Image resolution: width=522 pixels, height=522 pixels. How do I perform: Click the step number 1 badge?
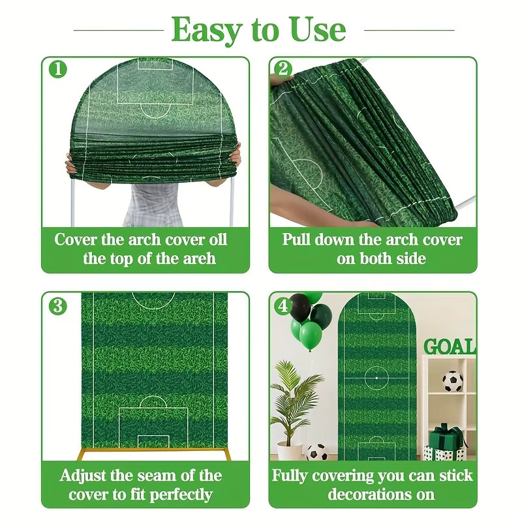coord(58,69)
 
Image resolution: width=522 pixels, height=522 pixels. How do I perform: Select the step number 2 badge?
coord(283,69)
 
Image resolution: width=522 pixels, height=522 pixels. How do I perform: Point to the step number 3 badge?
coord(58,306)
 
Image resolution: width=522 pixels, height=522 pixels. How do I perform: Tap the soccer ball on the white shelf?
coord(452,382)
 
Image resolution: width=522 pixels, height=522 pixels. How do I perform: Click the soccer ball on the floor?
coord(316,452)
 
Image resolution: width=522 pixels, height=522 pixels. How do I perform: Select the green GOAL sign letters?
coord(450,346)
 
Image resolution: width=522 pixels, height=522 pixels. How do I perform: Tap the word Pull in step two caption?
coord(296,239)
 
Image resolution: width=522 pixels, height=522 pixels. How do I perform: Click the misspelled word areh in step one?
coord(200,258)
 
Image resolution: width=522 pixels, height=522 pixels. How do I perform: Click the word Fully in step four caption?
coord(290,476)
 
